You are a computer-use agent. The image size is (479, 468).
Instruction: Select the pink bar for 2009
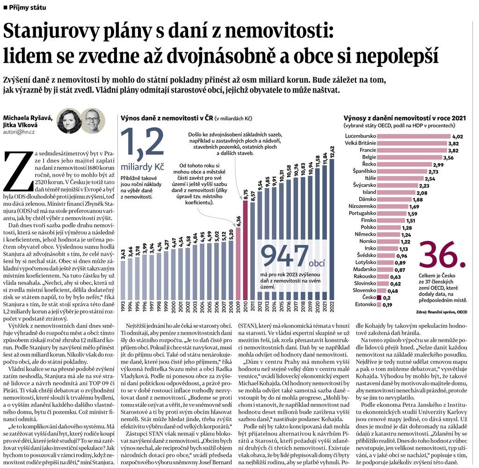click(239, 264)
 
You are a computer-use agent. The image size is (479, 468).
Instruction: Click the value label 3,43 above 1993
click(123, 255)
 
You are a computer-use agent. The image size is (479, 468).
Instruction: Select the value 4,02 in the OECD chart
click(457, 136)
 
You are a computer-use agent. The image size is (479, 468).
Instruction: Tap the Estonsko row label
click(366, 305)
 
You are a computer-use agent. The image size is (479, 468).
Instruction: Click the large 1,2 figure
click(142, 146)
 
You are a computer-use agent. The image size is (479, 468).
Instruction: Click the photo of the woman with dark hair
click(69, 121)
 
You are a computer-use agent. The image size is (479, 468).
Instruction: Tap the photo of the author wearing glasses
click(93, 121)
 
